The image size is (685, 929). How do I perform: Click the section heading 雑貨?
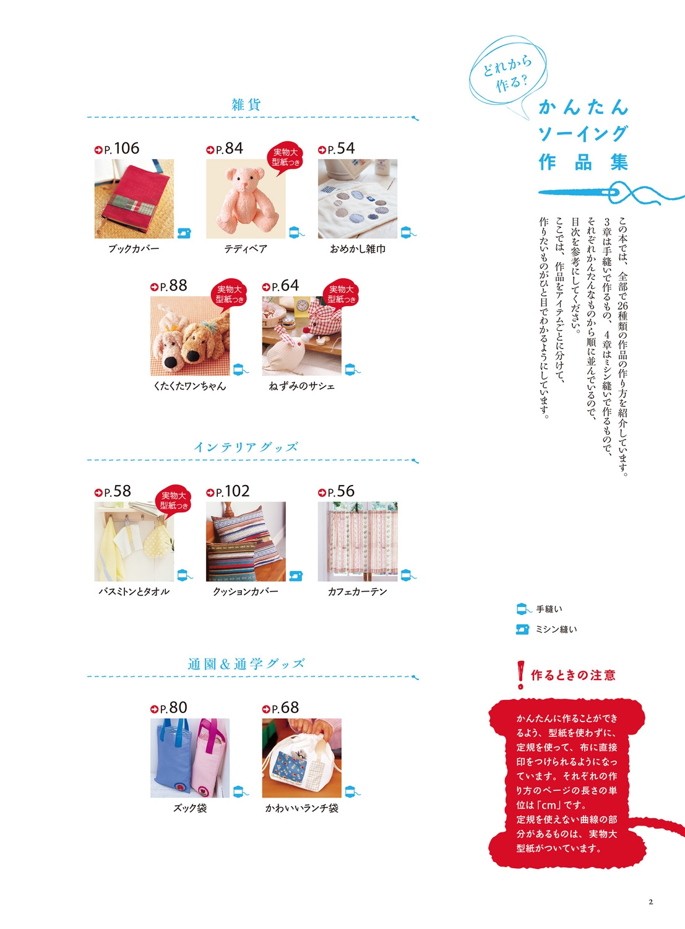click(x=246, y=105)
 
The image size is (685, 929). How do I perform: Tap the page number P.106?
click(x=117, y=148)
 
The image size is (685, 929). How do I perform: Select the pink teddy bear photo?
click(x=246, y=199)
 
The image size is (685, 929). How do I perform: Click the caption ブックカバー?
click(x=134, y=249)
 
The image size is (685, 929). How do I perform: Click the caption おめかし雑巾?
click(x=358, y=249)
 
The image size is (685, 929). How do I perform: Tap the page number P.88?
click(x=169, y=286)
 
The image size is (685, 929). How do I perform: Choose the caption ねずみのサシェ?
click(x=302, y=386)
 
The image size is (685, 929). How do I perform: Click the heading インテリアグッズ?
click(x=246, y=447)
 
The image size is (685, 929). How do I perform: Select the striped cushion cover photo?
click(x=246, y=541)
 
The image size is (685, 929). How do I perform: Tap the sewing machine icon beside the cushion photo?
click(x=296, y=575)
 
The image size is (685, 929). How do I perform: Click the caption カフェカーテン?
click(x=358, y=591)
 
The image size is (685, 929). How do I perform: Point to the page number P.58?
click(x=113, y=491)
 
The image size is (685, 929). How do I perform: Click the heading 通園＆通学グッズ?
click(x=246, y=664)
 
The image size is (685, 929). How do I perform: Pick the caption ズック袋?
click(x=190, y=808)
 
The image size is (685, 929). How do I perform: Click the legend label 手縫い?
click(x=549, y=609)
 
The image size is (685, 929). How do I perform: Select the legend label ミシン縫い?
click(x=556, y=629)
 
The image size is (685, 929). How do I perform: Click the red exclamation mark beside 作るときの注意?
click(x=520, y=674)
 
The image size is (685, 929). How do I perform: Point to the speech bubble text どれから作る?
click(x=507, y=74)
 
